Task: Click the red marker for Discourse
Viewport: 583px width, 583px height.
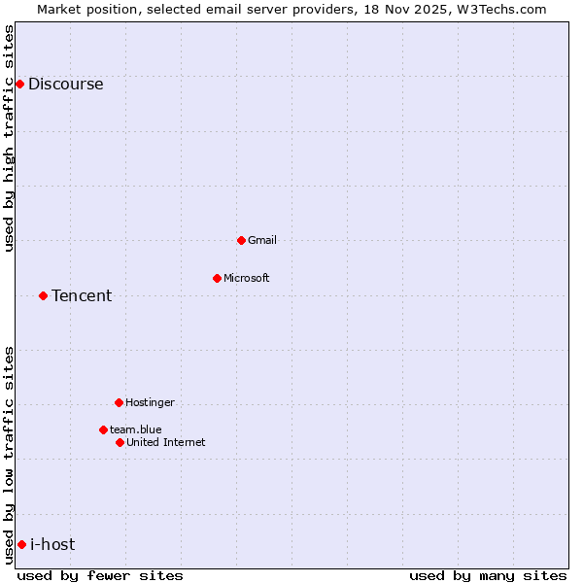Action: click(x=19, y=84)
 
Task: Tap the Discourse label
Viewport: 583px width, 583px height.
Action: click(x=65, y=84)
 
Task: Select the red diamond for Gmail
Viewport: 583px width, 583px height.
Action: click(x=241, y=240)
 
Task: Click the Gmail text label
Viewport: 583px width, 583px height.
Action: click(x=262, y=240)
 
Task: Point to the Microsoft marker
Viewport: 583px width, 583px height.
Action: click(x=217, y=278)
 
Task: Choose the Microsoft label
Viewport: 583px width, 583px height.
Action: click(x=247, y=278)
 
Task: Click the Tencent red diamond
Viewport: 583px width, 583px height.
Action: click(x=43, y=295)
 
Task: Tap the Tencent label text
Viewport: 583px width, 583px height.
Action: click(x=82, y=295)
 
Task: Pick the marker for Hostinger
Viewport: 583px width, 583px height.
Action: click(x=119, y=402)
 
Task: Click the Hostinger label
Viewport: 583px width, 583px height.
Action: click(x=150, y=402)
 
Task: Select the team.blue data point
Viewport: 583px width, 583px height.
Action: click(x=103, y=429)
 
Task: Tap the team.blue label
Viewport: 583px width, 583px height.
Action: click(x=136, y=429)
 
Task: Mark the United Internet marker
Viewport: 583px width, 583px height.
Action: click(x=120, y=442)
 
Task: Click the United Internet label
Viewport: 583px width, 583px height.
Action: click(x=166, y=442)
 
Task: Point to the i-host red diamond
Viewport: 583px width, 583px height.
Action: click(x=21, y=544)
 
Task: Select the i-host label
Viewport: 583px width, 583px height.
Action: click(x=52, y=544)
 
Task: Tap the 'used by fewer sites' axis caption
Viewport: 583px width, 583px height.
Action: click(x=100, y=575)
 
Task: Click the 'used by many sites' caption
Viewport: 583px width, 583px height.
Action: click(x=488, y=575)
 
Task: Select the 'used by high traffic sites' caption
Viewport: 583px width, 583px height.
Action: click(x=9, y=138)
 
